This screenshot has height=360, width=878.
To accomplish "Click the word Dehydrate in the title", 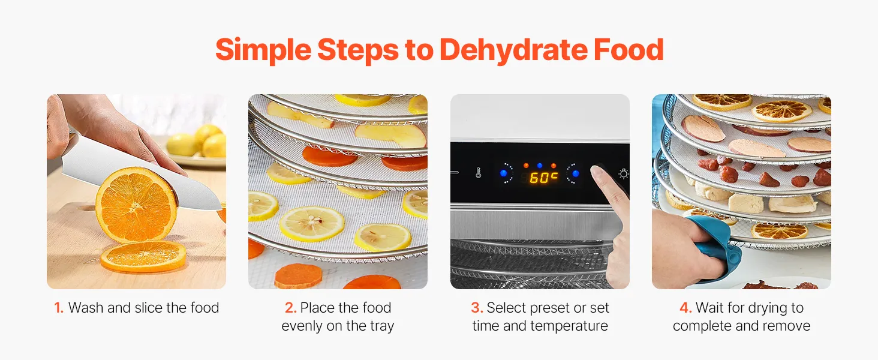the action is [x=513, y=50].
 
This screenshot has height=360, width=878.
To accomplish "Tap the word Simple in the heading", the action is [x=263, y=50].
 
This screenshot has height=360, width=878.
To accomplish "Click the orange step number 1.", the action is [x=59, y=308].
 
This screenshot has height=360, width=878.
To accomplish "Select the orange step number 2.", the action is [x=290, y=308].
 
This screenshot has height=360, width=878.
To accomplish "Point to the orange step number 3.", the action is [x=477, y=308].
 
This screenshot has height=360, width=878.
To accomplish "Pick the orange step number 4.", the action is [x=685, y=308].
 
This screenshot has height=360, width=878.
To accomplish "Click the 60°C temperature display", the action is [x=544, y=178].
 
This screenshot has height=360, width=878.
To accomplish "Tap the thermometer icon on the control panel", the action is [x=478, y=173].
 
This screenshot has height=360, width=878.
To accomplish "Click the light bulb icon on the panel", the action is [x=624, y=173].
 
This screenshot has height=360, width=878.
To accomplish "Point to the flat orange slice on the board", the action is [x=143, y=256].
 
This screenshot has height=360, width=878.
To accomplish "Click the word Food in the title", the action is [x=629, y=50].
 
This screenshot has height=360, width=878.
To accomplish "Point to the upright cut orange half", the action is [x=136, y=205].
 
